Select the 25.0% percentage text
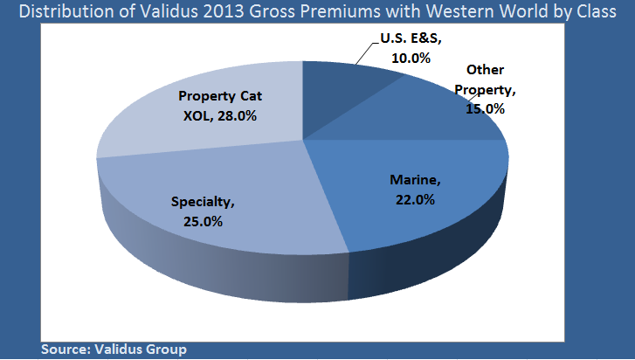point(204,221)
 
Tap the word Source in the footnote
point(64,349)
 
